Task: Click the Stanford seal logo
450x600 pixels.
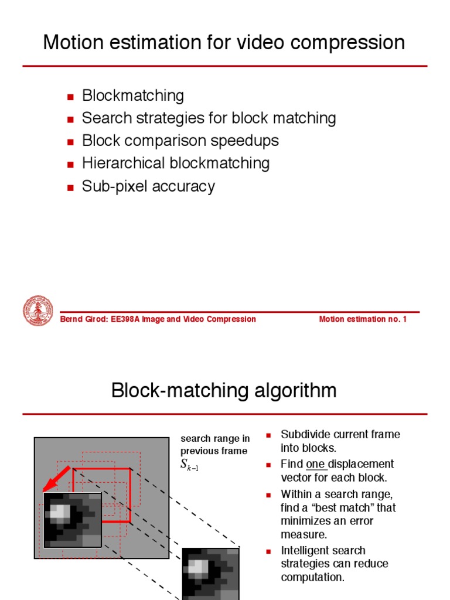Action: (x=37, y=311)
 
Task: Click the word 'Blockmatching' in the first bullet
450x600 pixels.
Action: (x=133, y=96)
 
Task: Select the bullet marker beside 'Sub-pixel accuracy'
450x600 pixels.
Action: (x=70, y=187)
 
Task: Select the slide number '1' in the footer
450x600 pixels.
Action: (x=404, y=319)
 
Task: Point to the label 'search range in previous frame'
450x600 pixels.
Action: (x=214, y=445)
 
